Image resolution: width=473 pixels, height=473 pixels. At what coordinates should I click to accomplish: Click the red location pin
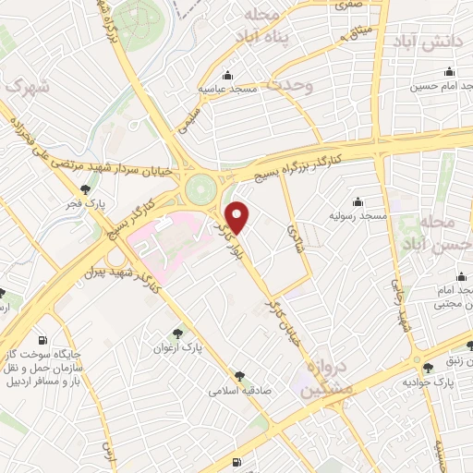coord(237,216)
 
